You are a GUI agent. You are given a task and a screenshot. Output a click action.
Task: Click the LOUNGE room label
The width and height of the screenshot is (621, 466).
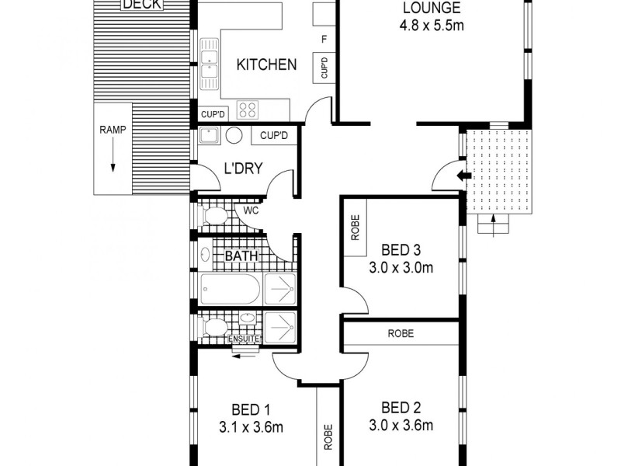pyautogui.click(x=431, y=9)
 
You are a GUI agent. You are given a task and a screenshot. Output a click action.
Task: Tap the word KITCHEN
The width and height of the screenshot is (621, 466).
pyautogui.click(x=266, y=64)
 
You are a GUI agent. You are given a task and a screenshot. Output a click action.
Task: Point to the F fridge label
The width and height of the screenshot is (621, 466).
pyautogui.click(x=322, y=39)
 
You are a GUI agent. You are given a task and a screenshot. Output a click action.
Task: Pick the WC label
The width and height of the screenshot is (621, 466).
pyautogui.click(x=251, y=210)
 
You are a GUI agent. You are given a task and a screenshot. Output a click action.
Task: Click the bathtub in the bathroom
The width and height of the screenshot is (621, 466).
pyautogui.click(x=230, y=289)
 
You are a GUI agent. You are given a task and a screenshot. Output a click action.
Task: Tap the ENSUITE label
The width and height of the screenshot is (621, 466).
pyautogui.click(x=243, y=339)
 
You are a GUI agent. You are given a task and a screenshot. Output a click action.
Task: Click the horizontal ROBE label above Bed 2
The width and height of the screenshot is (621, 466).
pyautogui.click(x=401, y=333)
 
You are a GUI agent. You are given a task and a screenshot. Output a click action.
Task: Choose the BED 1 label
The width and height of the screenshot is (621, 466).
pyautogui.click(x=251, y=409)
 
